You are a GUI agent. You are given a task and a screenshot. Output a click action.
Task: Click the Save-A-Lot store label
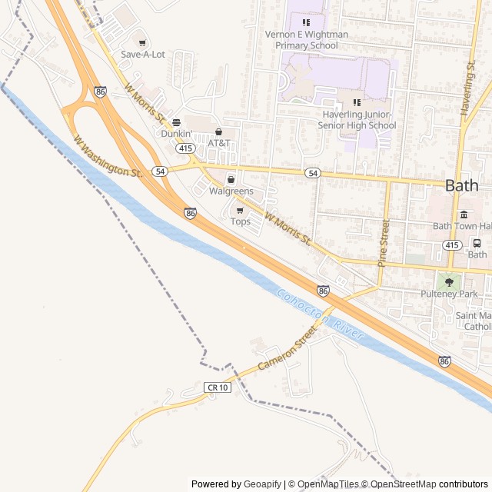pos(143,55)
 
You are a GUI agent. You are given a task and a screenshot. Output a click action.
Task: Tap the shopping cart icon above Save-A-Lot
pos(142,43)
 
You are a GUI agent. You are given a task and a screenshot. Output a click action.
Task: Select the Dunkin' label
pos(175,133)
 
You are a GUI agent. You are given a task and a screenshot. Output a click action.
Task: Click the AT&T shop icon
pos(218,132)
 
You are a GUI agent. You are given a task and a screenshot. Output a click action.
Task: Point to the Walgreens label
pos(231,191)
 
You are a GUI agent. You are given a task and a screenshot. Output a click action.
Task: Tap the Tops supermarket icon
pos(240,210)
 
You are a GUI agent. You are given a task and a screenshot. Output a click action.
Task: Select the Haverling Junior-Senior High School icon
pos(356,102)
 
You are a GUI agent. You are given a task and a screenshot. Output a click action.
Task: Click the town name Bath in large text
pos(461,185)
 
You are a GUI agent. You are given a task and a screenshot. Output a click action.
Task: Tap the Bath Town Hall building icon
pos(464,214)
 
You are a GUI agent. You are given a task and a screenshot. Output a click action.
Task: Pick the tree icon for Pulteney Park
pos(449,282)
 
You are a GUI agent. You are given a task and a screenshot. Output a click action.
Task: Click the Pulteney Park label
pos(449,294)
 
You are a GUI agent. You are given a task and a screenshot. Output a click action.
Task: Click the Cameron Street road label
pos(287,349)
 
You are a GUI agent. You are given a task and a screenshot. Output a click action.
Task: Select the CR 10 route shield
pos(217,387)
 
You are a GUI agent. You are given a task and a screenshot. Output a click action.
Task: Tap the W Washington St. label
pos(108,157)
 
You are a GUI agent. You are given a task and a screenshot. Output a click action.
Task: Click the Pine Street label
pos(384,242)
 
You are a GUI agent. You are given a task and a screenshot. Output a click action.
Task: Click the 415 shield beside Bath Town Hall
pos(452,244)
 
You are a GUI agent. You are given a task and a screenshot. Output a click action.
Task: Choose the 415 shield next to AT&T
pos(184,147)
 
